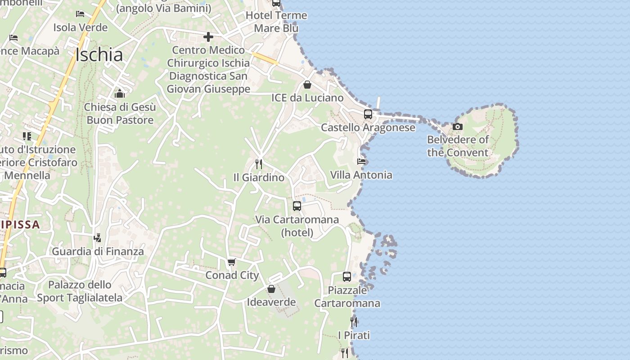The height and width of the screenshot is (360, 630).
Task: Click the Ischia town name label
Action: (x=99, y=55)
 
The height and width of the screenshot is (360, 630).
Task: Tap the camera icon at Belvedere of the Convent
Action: (x=458, y=126)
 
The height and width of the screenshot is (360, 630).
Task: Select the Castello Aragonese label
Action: (x=368, y=128)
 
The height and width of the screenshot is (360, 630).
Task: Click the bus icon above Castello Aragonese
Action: (x=368, y=114)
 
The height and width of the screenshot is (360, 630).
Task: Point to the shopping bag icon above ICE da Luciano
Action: (x=307, y=85)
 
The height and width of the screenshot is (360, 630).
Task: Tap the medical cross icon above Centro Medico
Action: (x=208, y=36)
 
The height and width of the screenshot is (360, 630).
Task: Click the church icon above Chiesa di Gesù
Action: (x=120, y=94)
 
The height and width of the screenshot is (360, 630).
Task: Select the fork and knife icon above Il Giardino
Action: (x=259, y=164)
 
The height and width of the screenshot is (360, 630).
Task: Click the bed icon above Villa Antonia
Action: (x=361, y=161)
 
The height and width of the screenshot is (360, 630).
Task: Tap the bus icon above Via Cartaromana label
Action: (x=297, y=206)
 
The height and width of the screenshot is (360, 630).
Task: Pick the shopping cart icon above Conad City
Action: (x=232, y=262)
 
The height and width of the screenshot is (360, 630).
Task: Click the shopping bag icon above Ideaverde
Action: (x=271, y=289)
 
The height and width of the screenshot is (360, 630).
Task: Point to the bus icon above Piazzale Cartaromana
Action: (x=347, y=277)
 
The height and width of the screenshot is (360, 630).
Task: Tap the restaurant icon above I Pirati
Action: (x=354, y=322)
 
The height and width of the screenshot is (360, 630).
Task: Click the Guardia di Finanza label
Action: (x=98, y=252)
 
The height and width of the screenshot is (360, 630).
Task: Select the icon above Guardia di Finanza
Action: (x=97, y=238)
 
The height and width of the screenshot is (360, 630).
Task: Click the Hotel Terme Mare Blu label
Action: (x=276, y=22)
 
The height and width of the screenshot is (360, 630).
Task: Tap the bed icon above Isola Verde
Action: (x=80, y=14)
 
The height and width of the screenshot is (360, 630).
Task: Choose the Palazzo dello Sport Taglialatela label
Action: (x=80, y=291)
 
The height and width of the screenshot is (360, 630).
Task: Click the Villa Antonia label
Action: (x=361, y=175)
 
